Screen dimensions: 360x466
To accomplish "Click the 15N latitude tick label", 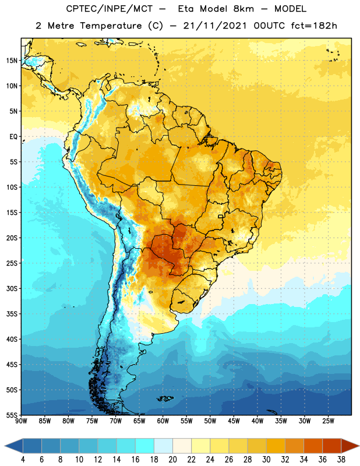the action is pos(12,61).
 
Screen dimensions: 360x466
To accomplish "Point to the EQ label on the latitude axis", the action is pos(13,137).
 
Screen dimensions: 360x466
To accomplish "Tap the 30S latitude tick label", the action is pos(12,288).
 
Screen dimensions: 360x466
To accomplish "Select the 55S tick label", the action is pos(12,415).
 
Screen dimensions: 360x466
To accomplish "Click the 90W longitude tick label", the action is pos(21,421).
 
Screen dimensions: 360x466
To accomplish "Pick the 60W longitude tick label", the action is pos(163,421).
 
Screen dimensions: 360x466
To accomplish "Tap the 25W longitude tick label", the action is pos(328,421).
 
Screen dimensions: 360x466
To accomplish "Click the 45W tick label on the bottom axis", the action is pos(234,421).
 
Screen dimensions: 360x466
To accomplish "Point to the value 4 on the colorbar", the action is pos(23,460).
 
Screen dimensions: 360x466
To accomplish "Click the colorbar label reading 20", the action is pos(172,460).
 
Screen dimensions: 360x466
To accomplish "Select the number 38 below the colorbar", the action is pos(341,460).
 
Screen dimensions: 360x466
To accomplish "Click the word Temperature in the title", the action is pos(111,26).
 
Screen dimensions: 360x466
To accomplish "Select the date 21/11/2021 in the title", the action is pos(214,26).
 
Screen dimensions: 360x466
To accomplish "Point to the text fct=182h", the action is pos(314,26).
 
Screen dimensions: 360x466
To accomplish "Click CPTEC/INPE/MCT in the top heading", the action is pos(109,9).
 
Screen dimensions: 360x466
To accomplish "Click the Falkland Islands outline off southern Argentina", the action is pos(165,398).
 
